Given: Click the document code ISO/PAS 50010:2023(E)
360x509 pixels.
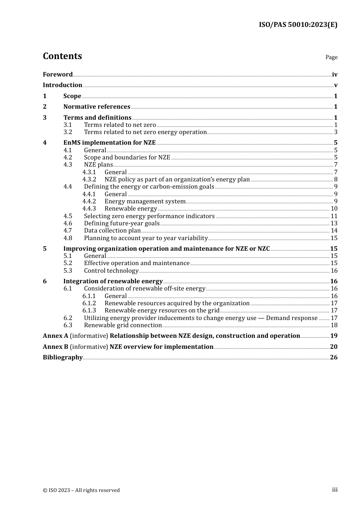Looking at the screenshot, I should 298,25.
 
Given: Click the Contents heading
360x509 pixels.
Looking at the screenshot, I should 62,56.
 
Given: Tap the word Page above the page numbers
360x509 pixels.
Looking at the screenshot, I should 331,57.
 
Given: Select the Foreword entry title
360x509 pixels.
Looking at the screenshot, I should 58,75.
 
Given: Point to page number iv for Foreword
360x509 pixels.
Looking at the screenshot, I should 335,75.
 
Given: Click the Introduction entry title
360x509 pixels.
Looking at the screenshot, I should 63,85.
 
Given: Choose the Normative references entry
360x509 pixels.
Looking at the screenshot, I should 97,107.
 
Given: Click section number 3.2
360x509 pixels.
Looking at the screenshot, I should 68,132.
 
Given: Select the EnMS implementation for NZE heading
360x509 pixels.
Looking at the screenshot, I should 110,143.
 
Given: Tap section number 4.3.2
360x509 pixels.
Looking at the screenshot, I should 89,180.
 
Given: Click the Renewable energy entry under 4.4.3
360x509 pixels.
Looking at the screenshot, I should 131,209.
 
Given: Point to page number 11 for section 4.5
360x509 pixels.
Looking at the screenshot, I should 334,216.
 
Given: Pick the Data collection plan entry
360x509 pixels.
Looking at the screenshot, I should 112,231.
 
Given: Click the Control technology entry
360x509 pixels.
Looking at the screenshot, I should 111,271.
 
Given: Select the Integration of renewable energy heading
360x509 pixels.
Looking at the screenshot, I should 113,281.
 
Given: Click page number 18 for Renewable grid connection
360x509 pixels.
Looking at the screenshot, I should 334,325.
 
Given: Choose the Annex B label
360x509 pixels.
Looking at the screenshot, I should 55,347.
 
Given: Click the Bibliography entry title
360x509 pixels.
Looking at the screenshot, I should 63,358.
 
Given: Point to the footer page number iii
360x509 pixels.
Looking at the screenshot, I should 335,490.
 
